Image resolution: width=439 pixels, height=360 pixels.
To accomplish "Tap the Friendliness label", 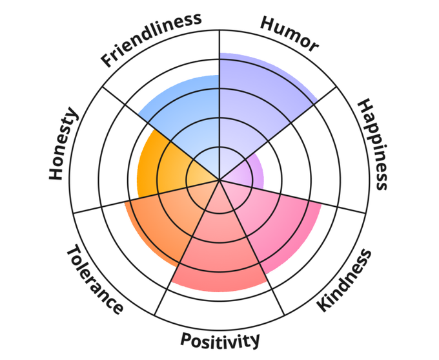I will coord(151,39).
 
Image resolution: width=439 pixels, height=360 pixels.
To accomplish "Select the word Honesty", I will coord(64,145).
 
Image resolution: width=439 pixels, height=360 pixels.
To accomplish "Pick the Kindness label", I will coord(345,281).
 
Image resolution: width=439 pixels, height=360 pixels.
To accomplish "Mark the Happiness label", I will coord(374,144).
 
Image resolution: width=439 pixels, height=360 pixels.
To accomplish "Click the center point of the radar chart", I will coord(219,180).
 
